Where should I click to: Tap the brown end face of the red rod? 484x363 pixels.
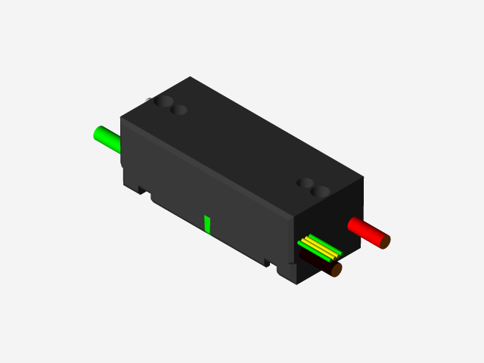point(385,242)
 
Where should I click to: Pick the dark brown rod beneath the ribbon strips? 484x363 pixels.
point(322,262)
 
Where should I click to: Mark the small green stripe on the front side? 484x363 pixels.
point(207,224)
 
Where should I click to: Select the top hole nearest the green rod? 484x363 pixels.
point(163,100)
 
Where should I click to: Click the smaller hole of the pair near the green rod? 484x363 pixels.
point(179,110)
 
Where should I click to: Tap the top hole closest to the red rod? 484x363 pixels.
point(321,192)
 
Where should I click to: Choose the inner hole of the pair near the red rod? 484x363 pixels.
point(305,183)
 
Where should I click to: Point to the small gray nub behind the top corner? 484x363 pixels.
point(147,99)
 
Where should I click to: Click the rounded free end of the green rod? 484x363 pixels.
point(97,134)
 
